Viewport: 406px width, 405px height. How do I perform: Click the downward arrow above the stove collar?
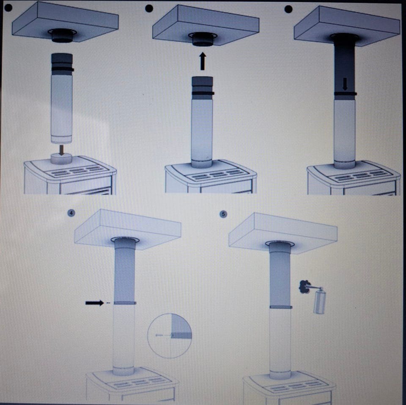[x=61, y=150]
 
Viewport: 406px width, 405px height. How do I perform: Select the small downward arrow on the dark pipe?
[x=345, y=85]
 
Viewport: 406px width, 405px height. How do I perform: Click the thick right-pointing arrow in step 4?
[x=94, y=303]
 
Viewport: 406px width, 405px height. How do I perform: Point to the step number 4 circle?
[x=71, y=213]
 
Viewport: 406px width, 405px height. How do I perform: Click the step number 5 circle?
[x=223, y=214]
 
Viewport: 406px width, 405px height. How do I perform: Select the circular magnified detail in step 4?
[x=170, y=336]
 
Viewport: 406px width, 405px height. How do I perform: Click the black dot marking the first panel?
[x=8, y=8]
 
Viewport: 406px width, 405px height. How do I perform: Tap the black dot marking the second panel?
[x=149, y=8]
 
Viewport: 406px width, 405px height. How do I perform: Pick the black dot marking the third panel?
[x=288, y=9]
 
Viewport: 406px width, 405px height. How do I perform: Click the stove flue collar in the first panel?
[x=61, y=159]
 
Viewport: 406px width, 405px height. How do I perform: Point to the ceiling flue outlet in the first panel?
[x=62, y=35]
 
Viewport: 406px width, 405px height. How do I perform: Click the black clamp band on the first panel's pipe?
[x=62, y=69]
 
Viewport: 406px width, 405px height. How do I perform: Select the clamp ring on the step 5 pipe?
[x=281, y=307]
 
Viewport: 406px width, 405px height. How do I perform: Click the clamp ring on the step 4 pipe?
[x=125, y=303]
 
